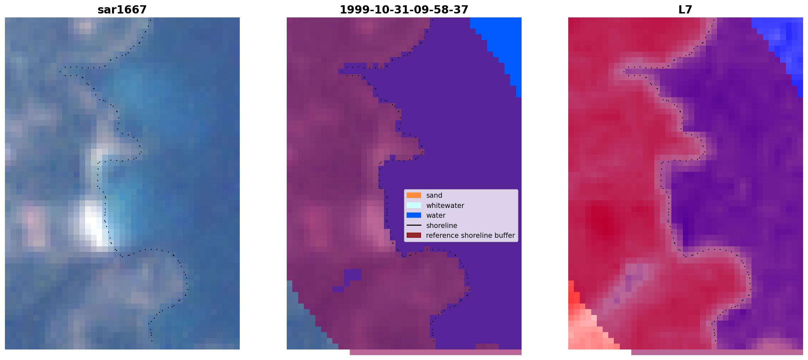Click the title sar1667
tap(122, 10)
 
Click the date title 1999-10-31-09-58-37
tap(404, 10)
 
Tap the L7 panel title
tap(685, 10)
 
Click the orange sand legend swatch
tap(414, 195)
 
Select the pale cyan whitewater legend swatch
tap(414, 205)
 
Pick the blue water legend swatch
tap(414, 215)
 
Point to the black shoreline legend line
tap(414, 225)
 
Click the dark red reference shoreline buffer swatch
tap(414, 236)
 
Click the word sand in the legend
tap(434, 195)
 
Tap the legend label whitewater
tap(445, 206)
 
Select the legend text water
tap(436, 215)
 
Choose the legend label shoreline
tap(442, 226)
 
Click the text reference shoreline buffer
tap(470, 236)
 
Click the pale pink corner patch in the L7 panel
tap(588, 332)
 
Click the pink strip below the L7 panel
tap(717, 352)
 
